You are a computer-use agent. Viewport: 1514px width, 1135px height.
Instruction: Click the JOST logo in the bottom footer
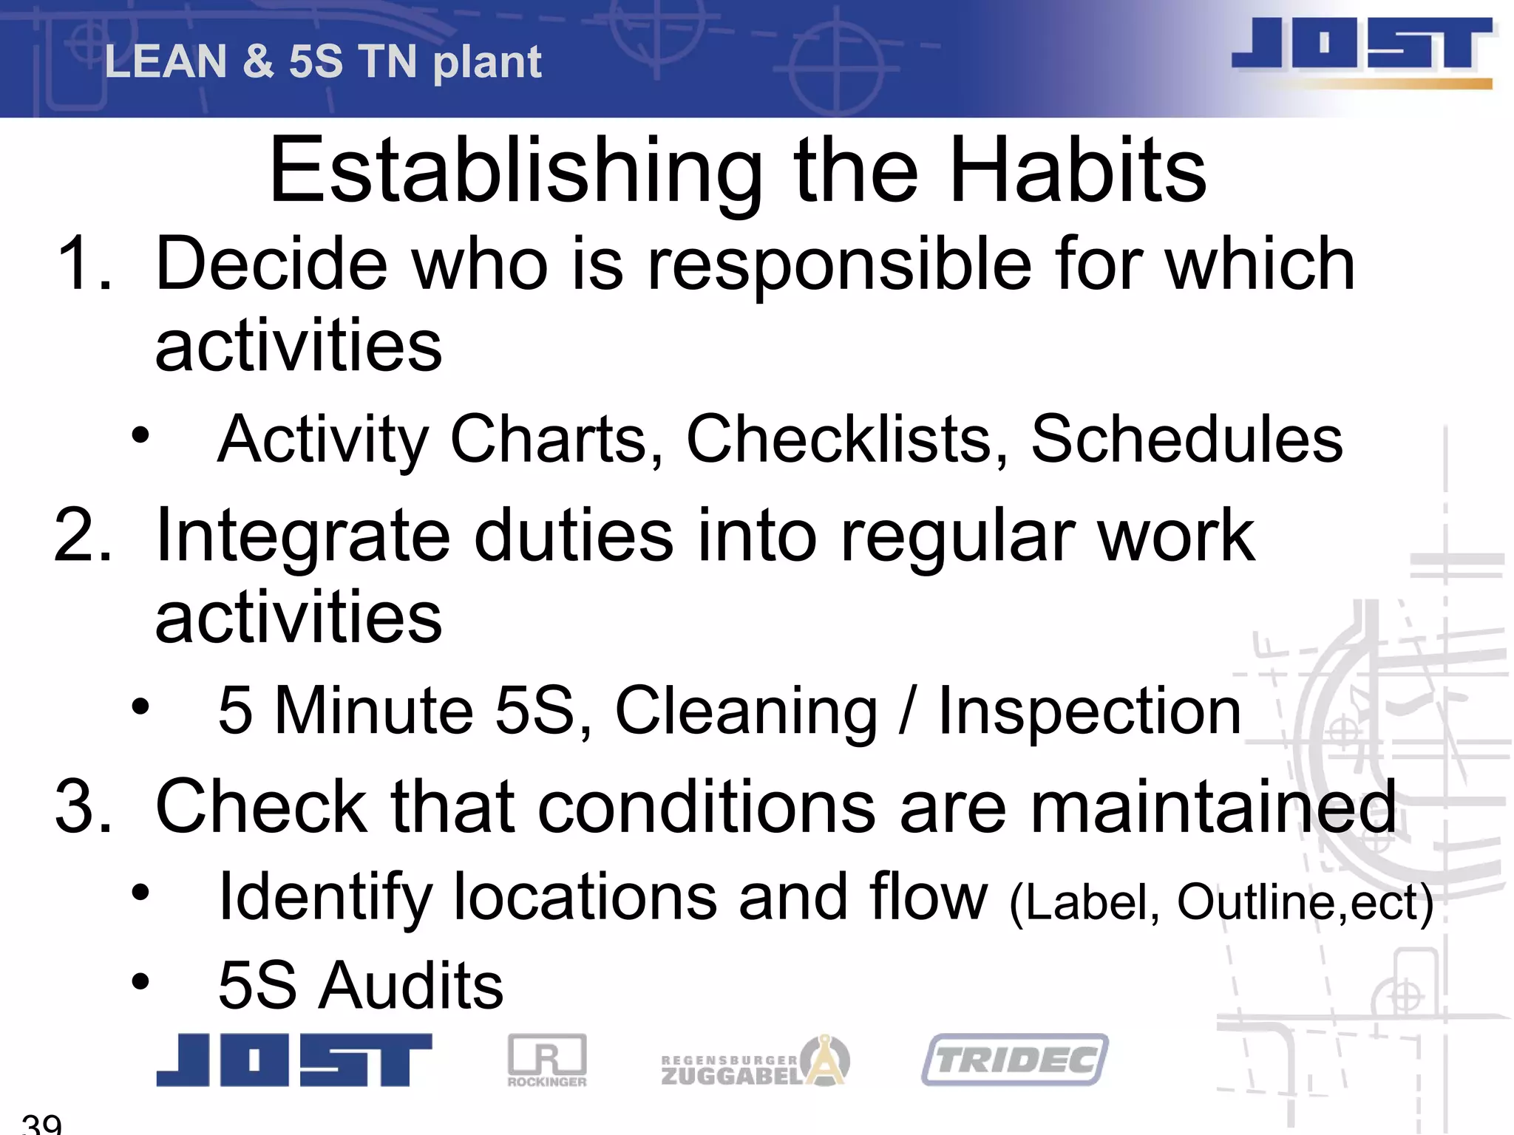coord(293,1060)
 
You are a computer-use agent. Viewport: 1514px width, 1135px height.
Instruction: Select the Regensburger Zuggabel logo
coord(755,1062)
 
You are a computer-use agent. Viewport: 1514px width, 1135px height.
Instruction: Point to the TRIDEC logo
coord(1015,1060)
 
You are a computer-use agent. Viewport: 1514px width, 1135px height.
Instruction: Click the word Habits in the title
coord(1078,171)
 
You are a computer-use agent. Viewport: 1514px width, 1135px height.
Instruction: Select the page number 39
coord(42,1123)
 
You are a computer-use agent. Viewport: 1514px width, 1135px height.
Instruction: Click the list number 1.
coord(84,264)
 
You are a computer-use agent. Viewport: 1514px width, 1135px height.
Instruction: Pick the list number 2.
coord(84,536)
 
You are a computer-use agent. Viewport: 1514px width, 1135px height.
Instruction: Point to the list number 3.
coord(84,807)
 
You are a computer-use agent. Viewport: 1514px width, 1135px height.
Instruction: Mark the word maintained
coord(1212,807)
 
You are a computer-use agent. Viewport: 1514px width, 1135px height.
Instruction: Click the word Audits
coord(411,986)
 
